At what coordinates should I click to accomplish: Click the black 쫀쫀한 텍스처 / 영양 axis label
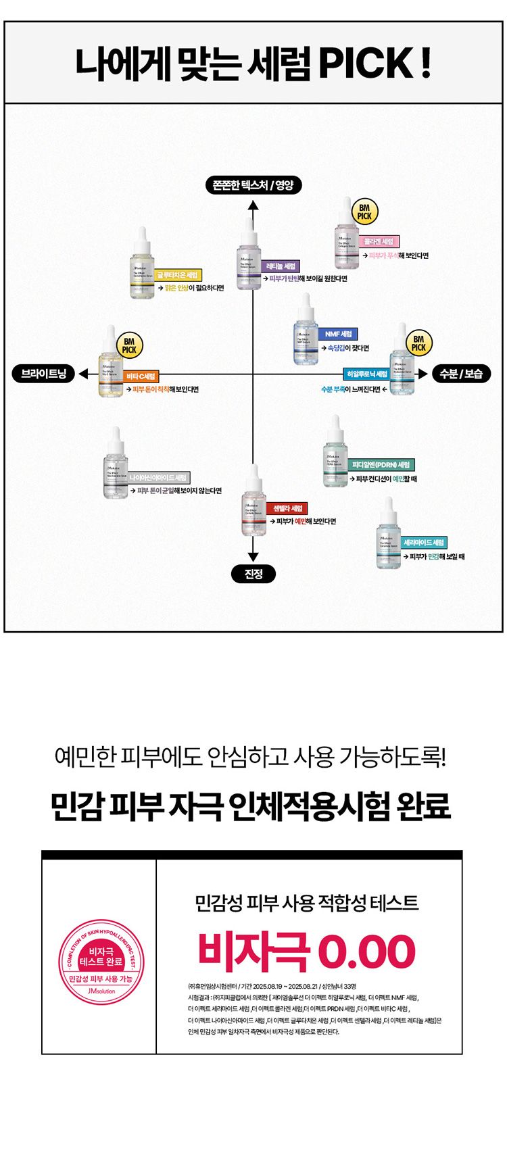tap(253, 184)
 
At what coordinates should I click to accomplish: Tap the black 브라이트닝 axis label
tap(44, 374)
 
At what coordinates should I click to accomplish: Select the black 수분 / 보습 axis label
tap(461, 374)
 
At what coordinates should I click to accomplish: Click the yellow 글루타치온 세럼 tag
tap(178, 275)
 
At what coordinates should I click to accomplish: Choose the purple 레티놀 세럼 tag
tap(281, 266)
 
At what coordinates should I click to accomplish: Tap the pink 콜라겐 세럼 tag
tap(379, 241)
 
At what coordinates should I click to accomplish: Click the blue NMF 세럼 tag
tap(338, 334)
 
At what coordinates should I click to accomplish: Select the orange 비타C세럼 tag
tap(141, 376)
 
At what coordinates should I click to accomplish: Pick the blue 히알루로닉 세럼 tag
tap(366, 374)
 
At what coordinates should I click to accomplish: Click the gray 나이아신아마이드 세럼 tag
tap(159, 478)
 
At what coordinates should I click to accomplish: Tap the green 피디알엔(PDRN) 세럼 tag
tap(381, 465)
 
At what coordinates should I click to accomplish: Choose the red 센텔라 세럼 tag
tap(288, 508)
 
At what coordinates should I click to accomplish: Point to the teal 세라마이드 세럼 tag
tap(425, 543)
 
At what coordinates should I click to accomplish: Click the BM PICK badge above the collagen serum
tap(364, 212)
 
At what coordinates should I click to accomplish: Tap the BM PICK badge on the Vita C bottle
tap(129, 345)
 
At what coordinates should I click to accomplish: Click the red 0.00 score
tap(366, 952)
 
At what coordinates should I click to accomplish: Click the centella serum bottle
tap(253, 501)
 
